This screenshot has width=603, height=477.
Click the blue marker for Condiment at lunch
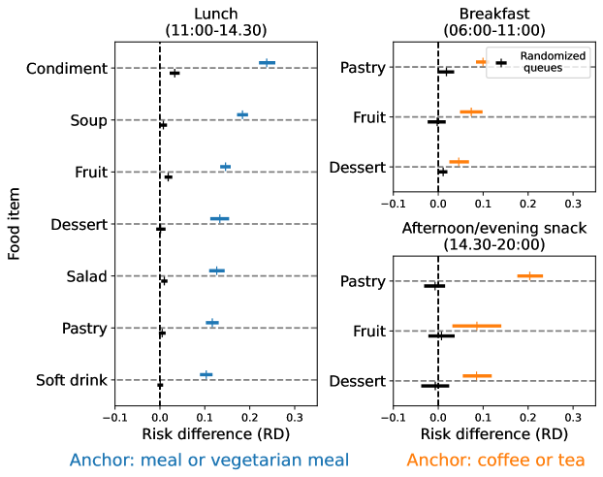267,63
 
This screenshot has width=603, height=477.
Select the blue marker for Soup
242,114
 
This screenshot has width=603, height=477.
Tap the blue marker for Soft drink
206,374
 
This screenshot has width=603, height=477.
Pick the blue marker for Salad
216,270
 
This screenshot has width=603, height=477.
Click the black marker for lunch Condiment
175,73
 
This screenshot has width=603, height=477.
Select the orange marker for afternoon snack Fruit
476,326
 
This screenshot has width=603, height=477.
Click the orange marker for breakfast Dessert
459,162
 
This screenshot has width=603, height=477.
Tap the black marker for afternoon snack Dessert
434,385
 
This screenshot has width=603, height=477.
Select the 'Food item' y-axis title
14,224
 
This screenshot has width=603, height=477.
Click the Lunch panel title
215,21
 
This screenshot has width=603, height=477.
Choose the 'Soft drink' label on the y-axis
68,380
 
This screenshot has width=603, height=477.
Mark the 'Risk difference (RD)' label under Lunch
215,433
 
